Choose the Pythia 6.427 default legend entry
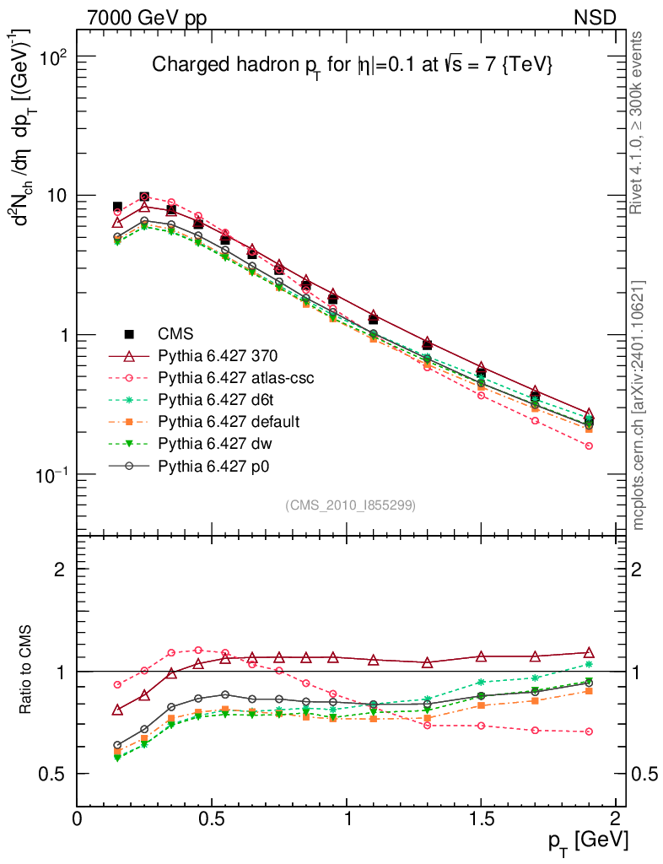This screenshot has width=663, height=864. (x=229, y=421)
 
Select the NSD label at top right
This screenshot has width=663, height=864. (x=596, y=17)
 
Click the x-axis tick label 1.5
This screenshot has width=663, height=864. (x=482, y=819)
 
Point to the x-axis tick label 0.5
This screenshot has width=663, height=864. (x=212, y=819)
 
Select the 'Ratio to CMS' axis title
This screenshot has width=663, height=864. (x=27, y=671)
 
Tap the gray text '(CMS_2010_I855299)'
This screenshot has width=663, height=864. (x=350, y=505)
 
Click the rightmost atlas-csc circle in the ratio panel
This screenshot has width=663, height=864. (x=589, y=732)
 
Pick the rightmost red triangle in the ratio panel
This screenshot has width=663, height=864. (x=589, y=653)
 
